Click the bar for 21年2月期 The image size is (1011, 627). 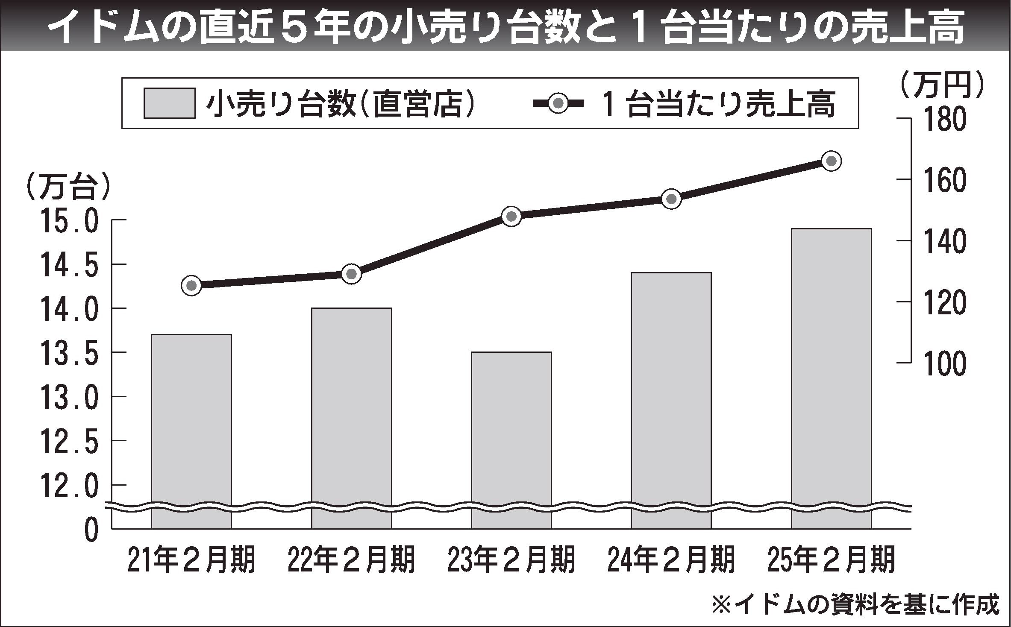191,427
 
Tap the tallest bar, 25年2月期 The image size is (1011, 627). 831,376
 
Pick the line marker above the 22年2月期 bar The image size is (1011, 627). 352,274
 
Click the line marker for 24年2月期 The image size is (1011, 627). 671,199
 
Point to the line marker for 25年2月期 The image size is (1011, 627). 832,161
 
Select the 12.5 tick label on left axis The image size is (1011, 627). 68,442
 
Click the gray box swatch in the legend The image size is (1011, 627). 170,103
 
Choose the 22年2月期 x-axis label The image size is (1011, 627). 351,560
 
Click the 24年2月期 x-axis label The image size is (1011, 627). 671,560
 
